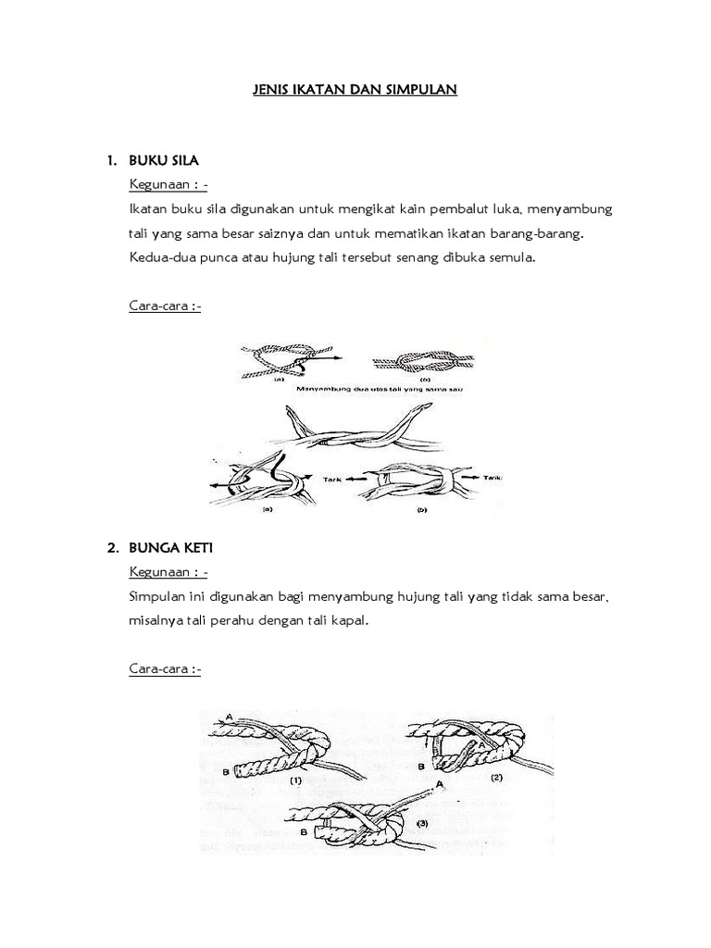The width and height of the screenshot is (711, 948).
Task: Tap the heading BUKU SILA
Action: pyautogui.click(x=164, y=161)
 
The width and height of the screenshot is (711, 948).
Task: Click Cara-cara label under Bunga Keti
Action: pyautogui.click(x=165, y=668)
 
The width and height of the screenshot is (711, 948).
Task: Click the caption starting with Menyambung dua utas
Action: pyautogui.click(x=380, y=390)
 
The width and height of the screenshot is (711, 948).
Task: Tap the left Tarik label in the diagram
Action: pyautogui.click(x=331, y=480)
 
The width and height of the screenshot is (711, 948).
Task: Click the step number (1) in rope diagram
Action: pyautogui.click(x=296, y=780)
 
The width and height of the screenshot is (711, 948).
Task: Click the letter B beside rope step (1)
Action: pyautogui.click(x=226, y=770)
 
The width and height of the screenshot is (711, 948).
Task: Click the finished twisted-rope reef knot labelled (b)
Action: pyautogui.click(x=424, y=360)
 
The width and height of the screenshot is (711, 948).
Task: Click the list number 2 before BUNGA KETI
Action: pyautogui.click(x=111, y=549)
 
